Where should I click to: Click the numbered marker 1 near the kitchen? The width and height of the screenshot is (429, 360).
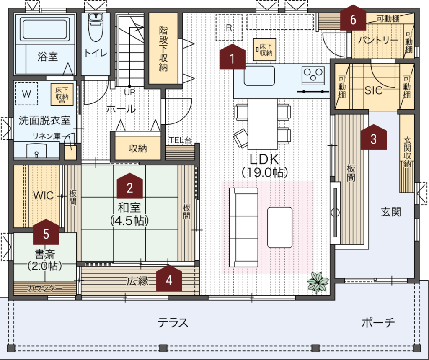pyautogui.click(x=232, y=57)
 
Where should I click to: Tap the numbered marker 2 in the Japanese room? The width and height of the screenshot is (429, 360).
pyautogui.click(x=130, y=186)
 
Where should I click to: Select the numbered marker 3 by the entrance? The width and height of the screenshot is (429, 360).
pyautogui.click(x=373, y=137)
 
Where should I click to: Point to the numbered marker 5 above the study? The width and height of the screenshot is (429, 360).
pyautogui.click(x=46, y=232)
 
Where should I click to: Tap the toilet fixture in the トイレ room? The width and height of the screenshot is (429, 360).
pyautogui.click(x=96, y=27)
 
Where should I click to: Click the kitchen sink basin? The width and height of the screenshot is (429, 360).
pyautogui.click(x=259, y=76)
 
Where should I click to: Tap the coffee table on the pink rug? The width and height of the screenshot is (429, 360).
pyautogui.click(x=280, y=227)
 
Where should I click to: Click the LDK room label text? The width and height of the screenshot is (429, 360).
pyautogui.click(x=264, y=159)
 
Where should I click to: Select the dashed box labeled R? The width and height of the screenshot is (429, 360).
pyautogui.click(x=229, y=28)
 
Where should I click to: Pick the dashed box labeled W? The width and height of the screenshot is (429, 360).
pyautogui.click(x=26, y=94)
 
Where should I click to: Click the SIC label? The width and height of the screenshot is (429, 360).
pyautogui.click(x=373, y=90)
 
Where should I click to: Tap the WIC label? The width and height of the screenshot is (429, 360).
pyautogui.click(x=43, y=195)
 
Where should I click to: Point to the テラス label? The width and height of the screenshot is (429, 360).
pyautogui.click(x=173, y=323)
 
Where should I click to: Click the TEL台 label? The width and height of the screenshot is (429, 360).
pyautogui.click(x=180, y=140)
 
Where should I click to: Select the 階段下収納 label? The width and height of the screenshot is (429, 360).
pyautogui.click(x=163, y=49)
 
